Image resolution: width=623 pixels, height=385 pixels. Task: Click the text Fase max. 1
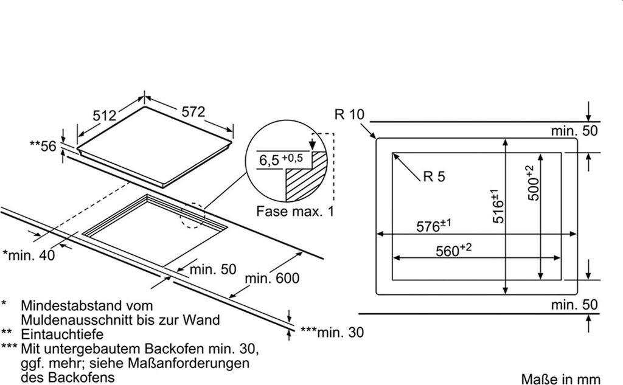296,212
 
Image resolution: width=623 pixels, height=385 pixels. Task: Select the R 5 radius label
434,177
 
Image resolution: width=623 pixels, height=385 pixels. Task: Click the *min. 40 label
29,255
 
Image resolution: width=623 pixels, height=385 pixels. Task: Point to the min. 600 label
273,279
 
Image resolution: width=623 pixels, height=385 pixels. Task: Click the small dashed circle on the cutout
193,216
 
